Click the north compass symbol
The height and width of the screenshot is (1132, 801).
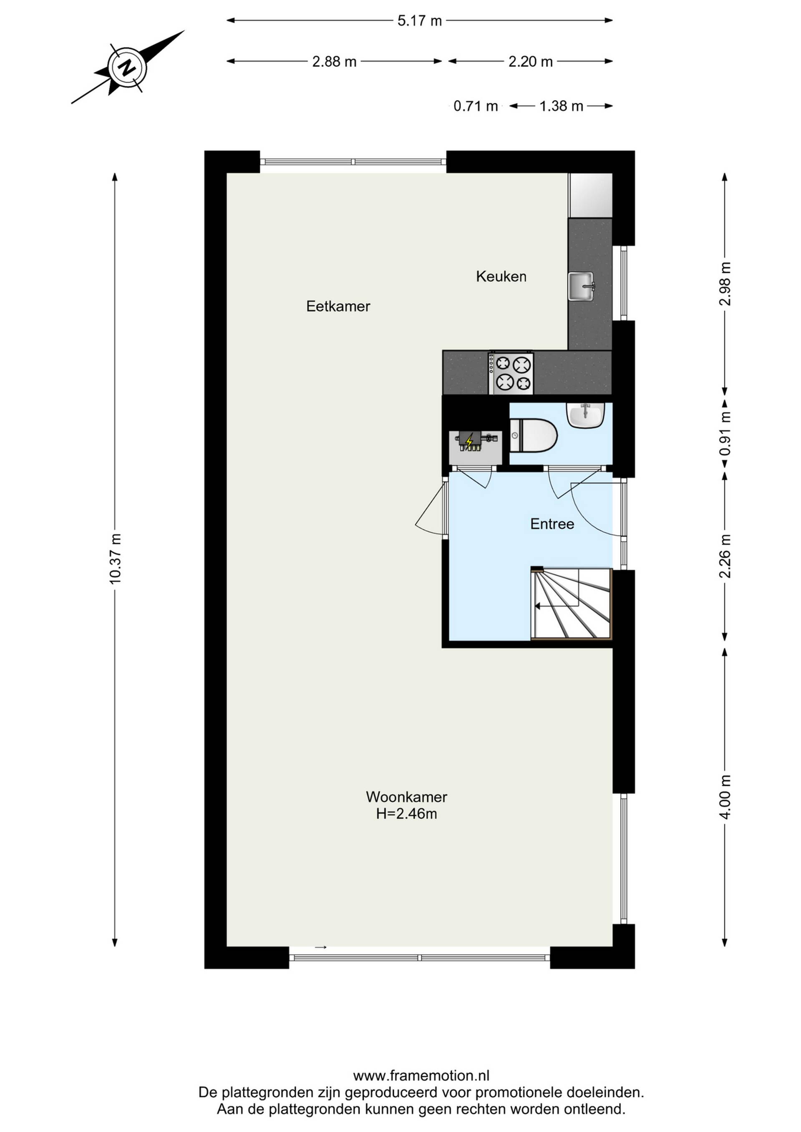[127, 67]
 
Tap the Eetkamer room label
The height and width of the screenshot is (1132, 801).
[338, 306]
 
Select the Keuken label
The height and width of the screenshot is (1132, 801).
[501, 276]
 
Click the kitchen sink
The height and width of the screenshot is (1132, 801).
[582, 286]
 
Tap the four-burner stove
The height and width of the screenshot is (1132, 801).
[511, 373]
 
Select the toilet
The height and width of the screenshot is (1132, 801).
[533, 435]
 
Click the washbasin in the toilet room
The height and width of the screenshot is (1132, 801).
[585, 415]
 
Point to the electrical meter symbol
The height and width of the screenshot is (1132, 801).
[475, 441]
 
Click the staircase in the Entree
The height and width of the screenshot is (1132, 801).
[571, 604]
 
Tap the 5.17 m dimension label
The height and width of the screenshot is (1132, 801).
[420, 21]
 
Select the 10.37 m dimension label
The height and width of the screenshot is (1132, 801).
[115, 558]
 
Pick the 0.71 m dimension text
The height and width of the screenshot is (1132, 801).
[476, 106]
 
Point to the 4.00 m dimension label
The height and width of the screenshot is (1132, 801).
[725, 797]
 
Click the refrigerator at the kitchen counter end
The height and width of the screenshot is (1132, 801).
[590, 195]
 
